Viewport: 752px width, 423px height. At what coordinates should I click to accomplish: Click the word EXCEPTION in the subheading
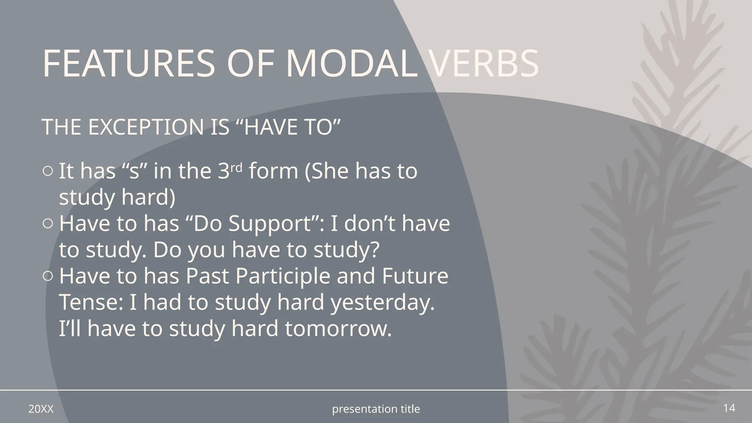(x=146, y=127)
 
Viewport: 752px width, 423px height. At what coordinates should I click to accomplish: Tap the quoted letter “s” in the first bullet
(x=134, y=171)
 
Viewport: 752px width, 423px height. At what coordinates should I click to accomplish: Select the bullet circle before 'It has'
(x=47, y=171)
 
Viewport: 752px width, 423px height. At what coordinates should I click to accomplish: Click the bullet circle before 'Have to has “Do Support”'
(x=47, y=223)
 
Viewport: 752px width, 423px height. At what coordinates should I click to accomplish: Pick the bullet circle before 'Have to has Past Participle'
(x=47, y=276)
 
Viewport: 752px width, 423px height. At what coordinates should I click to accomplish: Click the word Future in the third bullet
(x=415, y=276)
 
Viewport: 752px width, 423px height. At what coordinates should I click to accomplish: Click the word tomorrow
(x=338, y=329)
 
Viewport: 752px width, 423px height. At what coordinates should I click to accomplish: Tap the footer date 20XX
(x=41, y=409)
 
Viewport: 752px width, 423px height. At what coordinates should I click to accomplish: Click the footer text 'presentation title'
(x=376, y=409)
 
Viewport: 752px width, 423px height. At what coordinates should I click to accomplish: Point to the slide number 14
(x=729, y=408)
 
